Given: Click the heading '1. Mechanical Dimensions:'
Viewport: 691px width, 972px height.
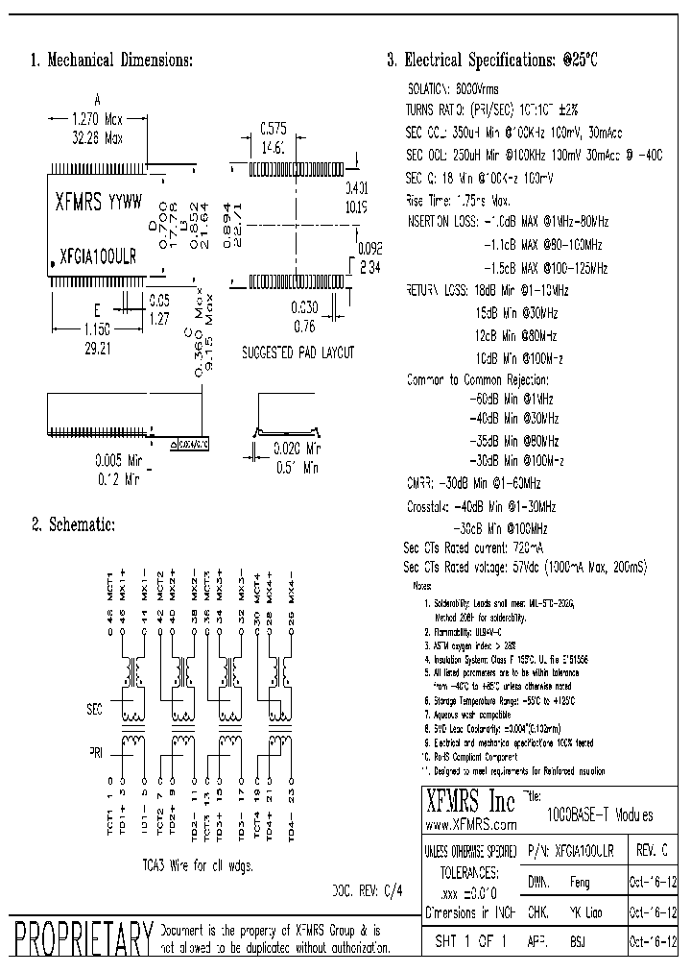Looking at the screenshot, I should click(x=112, y=61).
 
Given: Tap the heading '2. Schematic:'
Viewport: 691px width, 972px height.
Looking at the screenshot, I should click(x=73, y=524).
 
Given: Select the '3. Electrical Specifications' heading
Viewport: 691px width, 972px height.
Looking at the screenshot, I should click(x=491, y=61).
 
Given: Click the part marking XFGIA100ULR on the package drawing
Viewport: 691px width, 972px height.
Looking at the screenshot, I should click(x=97, y=258).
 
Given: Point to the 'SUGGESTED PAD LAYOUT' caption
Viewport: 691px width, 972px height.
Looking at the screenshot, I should click(x=298, y=352).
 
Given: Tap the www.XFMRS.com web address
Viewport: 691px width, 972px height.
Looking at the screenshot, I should click(x=470, y=825).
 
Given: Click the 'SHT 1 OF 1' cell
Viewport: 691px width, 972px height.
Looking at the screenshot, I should click(x=470, y=940).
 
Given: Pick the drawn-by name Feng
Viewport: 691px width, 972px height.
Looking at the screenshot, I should click(x=581, y=881).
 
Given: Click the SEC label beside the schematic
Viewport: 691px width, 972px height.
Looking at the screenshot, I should click(x=94, y=709).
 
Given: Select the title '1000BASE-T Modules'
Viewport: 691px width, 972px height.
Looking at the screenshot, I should click(x=600, y=815).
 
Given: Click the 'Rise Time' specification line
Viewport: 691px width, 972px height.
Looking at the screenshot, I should click(x=457, y=201).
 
